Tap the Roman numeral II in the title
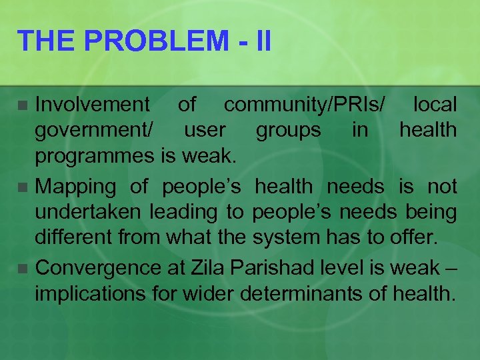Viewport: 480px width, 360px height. [263, 41]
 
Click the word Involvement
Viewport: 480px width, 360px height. [93, 104]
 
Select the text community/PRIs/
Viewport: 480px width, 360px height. [305, 104]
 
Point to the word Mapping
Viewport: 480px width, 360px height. [75, 187]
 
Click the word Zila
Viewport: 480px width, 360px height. [208, 268]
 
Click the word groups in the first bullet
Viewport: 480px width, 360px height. [288, 130]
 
